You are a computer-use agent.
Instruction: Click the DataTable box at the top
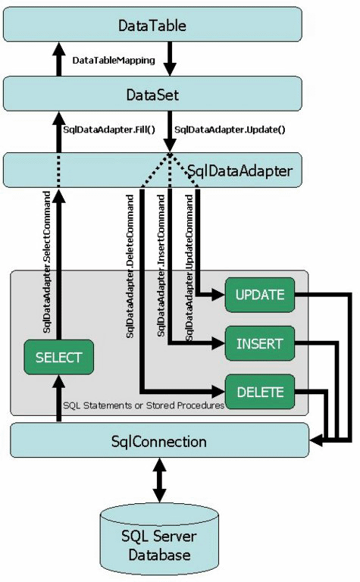pyautogui.click(x=152, y=26)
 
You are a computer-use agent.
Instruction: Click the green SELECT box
pyautogui.click(x=58, y=357)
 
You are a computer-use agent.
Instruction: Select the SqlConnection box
pyautogui.click(x=159, y=440)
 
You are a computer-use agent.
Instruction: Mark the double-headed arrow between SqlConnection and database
pyautogui.click(x=158, y=480)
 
